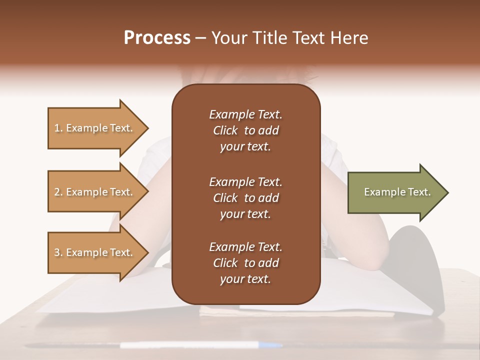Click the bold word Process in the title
click(157, 38)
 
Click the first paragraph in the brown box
click(245, 130)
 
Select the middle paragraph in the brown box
click(245, 197)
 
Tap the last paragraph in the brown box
click(245, 263)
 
